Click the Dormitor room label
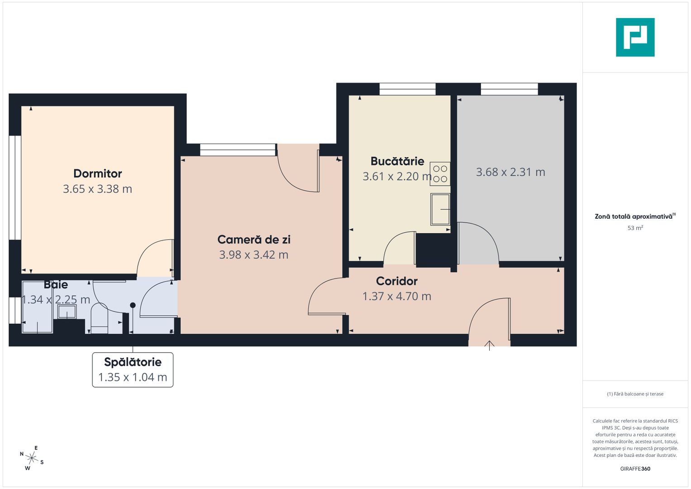coord(98,173)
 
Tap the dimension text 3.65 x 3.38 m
coord(97,189)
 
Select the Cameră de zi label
coord(254,240)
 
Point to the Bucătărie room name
coord(397,161)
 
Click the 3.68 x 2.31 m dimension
coord(510,172)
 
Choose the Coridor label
coord(397,281)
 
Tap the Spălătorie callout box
coord(133,369)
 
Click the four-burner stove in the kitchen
coord(440,174)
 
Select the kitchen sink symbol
coord(440,209)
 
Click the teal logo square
coord(635,37)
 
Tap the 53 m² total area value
coord(635,228)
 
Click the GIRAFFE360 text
coord(635,469)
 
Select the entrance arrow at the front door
coord(489,345)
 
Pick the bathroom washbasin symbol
coord(67,312)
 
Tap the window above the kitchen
coord(407,89)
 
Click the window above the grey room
coord(509,89)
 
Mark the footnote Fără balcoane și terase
coord(635,394)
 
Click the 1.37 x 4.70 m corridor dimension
coord(397,296)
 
